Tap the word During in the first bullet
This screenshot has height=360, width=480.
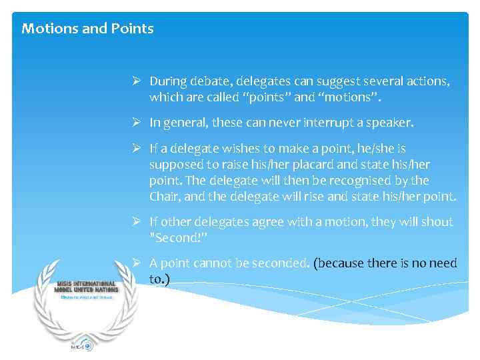[167, 81]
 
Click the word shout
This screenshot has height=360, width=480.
[437, 222]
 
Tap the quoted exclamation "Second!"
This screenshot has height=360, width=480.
[177, 238]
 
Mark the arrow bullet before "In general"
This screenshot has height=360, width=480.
[136, 123]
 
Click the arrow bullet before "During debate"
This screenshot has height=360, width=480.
[136, 81]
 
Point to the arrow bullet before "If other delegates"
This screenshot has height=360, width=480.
[136, 222]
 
